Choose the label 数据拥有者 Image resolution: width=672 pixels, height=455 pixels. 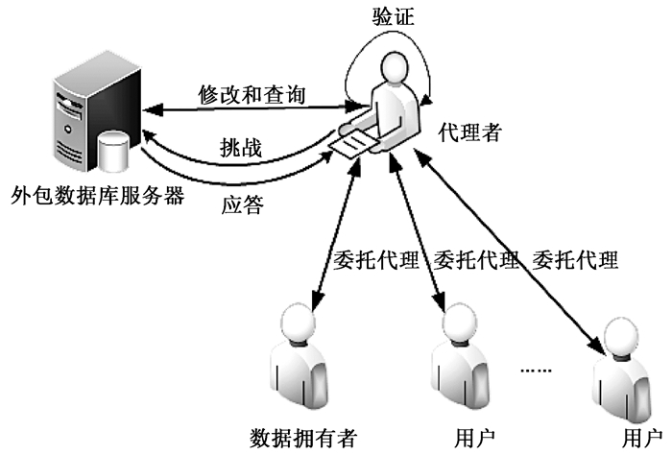[x=301, y=438]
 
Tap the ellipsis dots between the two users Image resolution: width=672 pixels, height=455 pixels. [x=534, y=368]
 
